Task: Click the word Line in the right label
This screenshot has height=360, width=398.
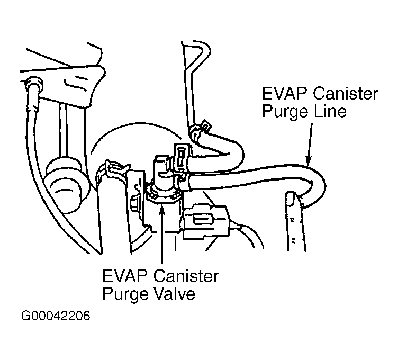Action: pos(330,112)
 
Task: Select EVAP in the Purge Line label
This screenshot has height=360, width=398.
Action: pos(284,93)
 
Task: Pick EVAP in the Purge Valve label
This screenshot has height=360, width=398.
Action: pos(125,276)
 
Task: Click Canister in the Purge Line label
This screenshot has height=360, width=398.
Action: pos(345,93)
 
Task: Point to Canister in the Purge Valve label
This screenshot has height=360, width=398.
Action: pos(186,276)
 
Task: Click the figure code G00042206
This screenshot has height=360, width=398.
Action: pos(56,316)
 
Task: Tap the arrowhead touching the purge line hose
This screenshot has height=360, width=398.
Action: pos(308,160)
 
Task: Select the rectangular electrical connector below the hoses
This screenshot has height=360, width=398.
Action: pos(206,222)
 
